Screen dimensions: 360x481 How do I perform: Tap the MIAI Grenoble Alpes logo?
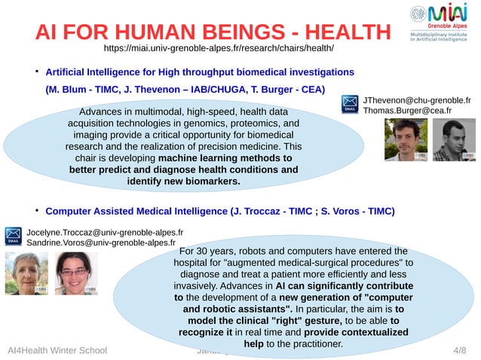tap(441, 23)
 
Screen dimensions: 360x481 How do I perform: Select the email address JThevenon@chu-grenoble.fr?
tap(417, 99)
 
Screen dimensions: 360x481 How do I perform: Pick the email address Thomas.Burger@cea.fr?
tap(406, 111)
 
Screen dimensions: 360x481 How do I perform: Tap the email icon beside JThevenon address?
tap(351, 105)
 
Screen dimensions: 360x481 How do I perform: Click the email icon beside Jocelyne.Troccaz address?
tap(14, 236)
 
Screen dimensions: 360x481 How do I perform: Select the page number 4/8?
tap(459, 351)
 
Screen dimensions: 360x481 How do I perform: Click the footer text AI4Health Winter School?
tap(57, 351)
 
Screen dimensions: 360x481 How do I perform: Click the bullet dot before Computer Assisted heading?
tap(36, 209)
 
